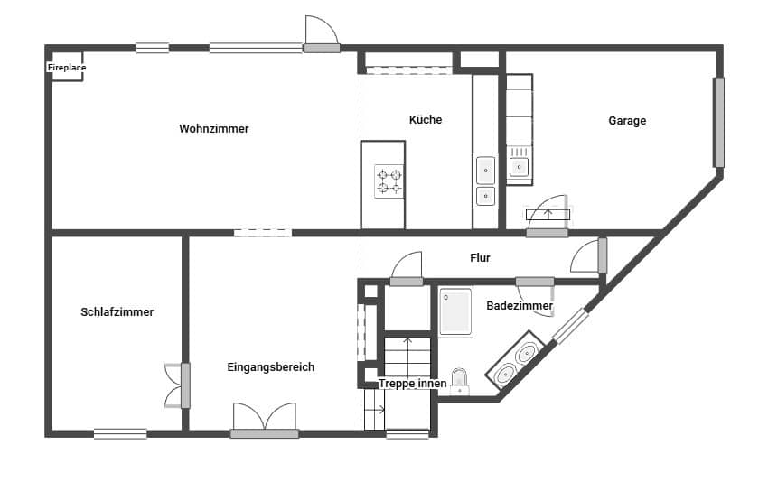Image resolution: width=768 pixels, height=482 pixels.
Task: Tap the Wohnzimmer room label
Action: coord(213,129)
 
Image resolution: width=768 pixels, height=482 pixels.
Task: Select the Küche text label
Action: coord(426,120)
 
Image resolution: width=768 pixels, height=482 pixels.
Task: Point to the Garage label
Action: coord(627,121)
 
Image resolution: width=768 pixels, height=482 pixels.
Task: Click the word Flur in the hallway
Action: coord(480,258)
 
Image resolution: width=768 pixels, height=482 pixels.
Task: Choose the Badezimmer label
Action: coord(520,307)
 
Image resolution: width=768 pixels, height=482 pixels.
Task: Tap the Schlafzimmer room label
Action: coord(117,312)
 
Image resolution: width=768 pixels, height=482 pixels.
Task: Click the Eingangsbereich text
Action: coord(270,367)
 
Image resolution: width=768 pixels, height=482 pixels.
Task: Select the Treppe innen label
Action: coord(412,384)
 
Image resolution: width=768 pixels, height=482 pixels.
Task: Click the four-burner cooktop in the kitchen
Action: coord(389,181)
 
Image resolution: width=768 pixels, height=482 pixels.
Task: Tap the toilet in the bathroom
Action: coord(460,383)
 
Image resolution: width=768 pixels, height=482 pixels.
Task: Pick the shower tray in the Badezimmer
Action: coord(456,312)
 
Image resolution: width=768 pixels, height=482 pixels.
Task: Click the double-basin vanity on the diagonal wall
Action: coord(516,360)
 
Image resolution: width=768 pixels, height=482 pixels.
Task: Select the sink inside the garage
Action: coord(519,166)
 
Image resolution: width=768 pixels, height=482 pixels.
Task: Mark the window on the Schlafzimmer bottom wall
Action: coord(120,433)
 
